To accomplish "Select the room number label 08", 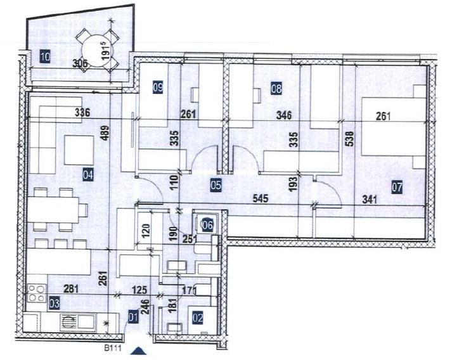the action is coord(276,89).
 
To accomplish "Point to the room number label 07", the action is coord(397,187).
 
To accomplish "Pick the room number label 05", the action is coord(216,185).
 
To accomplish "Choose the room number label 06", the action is coord(207,223).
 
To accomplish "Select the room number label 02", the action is coord(197,318).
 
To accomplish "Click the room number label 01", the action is coord(132,318).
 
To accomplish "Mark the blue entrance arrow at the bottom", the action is coord(140,350).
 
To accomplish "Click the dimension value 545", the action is coord(259,198).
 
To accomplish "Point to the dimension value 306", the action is coord(81,63).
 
